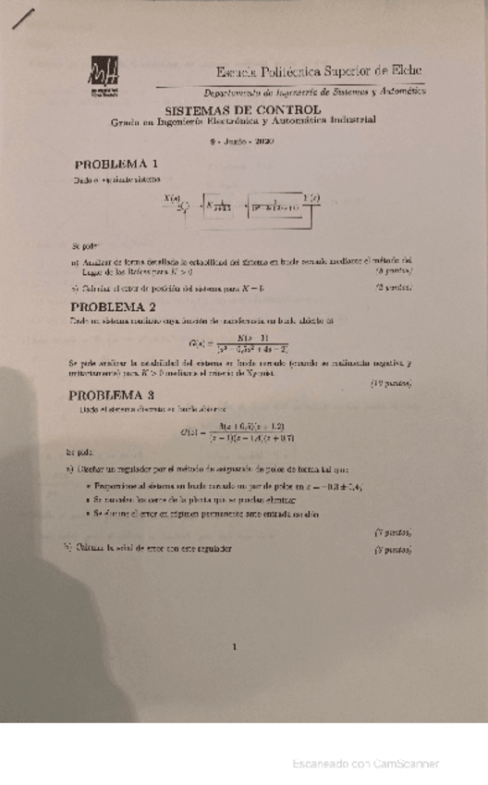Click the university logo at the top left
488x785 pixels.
(104, 78)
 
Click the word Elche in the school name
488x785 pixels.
(405, 70)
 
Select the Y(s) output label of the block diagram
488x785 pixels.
(311, 195)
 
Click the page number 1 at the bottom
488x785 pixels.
(236, 647)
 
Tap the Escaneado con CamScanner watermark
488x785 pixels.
(365, 764)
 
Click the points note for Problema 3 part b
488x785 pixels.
(393, 549)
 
